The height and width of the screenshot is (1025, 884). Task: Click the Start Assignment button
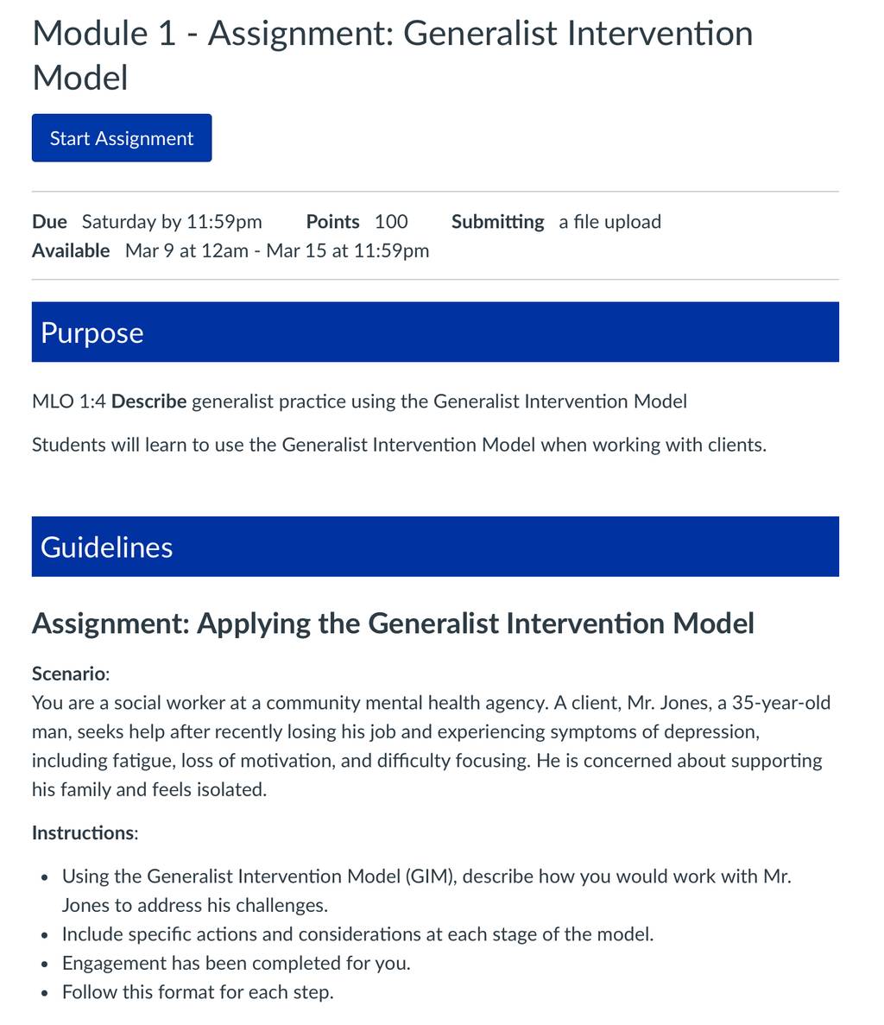(x=122, y=138)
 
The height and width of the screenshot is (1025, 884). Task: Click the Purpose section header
(x=435, y=332)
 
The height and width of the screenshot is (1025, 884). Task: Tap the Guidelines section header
(x=435, y=547)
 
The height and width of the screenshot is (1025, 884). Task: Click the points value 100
(x=391, y=222)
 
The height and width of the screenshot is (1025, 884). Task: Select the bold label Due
(x=50, y=222)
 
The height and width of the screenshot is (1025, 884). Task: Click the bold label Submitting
(x=498, y=222)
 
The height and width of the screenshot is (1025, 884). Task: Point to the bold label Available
(x=71, y=250)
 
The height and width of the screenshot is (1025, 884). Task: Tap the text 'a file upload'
(x=610, y=222)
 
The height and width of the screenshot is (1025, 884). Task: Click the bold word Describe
(x=149, y=401)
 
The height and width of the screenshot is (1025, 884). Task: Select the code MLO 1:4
(x=68, y=401)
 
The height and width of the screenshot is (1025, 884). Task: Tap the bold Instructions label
(x=85, y=832)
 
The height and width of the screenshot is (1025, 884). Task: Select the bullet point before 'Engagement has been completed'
(x=44, y=965)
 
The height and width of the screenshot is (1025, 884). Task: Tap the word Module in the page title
(x=90, y=34)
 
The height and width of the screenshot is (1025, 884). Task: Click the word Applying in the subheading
(x=254, y=623)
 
